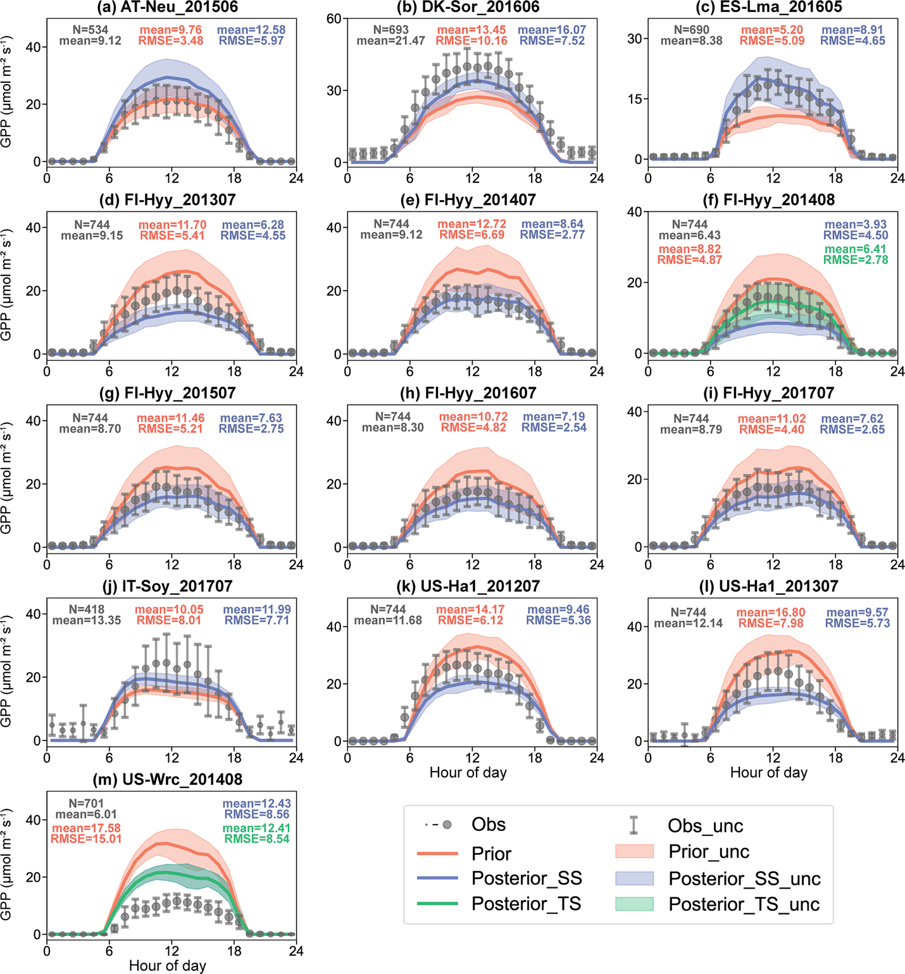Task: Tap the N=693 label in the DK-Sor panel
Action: (x=390, y=30)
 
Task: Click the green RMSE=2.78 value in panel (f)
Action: (x=856, y=259)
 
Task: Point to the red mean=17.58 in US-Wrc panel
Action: (x=86, y=828)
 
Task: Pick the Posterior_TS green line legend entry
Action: (x=437, y=904)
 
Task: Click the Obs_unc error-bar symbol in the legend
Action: (x=633, y=825)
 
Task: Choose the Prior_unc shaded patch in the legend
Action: (x=634, y=852)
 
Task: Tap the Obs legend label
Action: (x=489, y=825)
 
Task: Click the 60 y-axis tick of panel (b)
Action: (x=334, y=18)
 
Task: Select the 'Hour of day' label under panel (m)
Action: (x=168, y=965)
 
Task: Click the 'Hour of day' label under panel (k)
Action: (x=468, y=772)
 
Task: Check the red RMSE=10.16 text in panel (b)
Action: (x=471, y=41)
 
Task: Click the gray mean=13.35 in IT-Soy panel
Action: (x=87, y=620)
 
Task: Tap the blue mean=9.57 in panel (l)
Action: (x=858, y=613)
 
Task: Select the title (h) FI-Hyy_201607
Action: (x=468, y=393)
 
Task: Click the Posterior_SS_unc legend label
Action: (x=744, y=878)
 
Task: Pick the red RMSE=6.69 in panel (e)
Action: (x=473, y=235)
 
